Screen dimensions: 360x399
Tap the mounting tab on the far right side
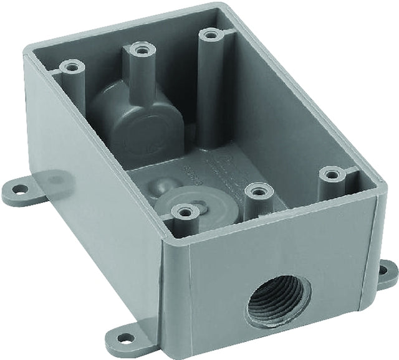coord(384,274)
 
